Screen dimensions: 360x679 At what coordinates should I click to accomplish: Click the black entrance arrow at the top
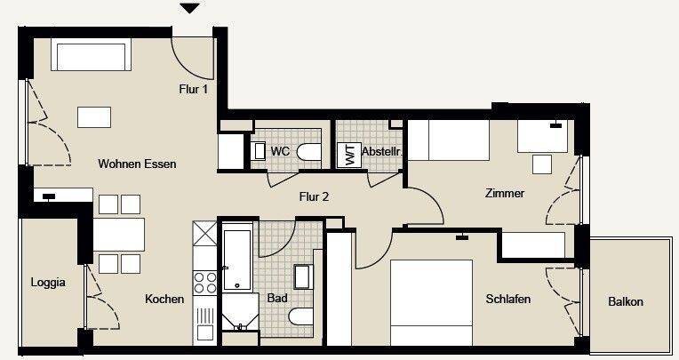(x=189, y=9)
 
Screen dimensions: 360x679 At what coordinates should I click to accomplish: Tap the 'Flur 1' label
(x=194, y=88)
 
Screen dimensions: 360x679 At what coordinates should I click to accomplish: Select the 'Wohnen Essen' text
(x=137, y=164)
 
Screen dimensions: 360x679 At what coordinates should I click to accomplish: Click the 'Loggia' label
(x=47, y=284)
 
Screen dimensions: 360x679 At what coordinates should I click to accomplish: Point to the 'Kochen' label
(x=164, y=300)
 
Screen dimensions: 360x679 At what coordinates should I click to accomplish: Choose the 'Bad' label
(x=277, y=299)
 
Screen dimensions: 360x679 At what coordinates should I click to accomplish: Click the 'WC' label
(x=280, y=152)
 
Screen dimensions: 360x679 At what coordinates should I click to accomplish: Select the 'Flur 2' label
(x=314, y=196)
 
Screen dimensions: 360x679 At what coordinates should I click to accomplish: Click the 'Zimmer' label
(x=504, y=193)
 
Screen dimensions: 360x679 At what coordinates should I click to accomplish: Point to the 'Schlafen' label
(x=508, y=300)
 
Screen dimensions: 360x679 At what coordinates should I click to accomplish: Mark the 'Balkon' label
(x=626, y=302)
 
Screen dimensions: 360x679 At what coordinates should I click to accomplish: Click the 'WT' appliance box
(x=348, y=155)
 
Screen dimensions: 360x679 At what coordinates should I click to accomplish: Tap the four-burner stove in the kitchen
(x=205, y=282)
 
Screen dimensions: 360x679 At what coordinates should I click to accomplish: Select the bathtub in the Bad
(x=238, y=260)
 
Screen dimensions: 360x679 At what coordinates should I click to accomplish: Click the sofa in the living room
(x=92, y=56)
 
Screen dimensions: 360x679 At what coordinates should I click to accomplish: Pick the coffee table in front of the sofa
(x=94, y=116)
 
